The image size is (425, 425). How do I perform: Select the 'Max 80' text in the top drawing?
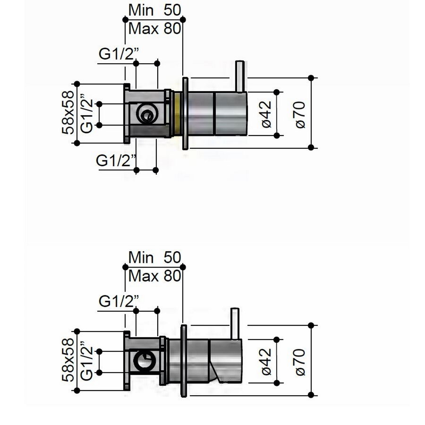154,28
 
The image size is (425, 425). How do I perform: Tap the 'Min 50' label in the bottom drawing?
154,258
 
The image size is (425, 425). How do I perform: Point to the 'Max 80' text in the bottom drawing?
154,276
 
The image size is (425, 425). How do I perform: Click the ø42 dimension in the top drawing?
266,114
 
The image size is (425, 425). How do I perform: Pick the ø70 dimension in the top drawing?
301,114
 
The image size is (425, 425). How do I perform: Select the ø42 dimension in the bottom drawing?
266,361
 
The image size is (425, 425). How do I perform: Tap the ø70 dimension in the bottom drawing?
301,361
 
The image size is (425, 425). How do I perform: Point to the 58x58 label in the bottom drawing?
68,360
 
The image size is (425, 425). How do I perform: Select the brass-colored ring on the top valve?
177,114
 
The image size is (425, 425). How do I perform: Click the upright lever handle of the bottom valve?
235,324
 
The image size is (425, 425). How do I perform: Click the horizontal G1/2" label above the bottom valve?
119,301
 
